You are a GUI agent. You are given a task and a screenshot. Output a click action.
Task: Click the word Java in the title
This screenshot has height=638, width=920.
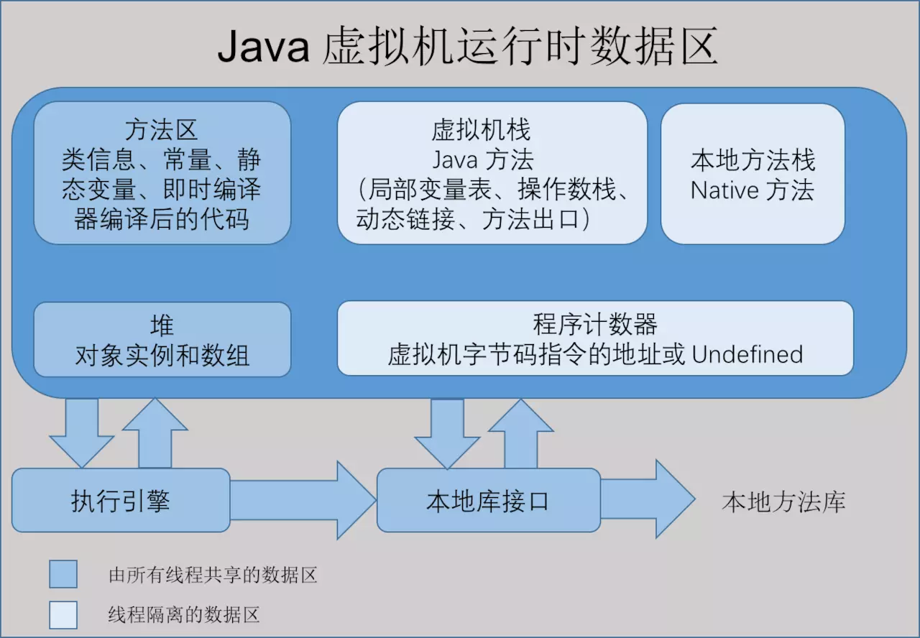point(263,48)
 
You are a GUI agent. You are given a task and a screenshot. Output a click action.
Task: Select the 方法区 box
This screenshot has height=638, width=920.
point(162,172)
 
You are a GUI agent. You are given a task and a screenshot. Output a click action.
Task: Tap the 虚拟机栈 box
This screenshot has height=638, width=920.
point(492,172)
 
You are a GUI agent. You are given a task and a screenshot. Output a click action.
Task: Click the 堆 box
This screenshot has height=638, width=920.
point(162,340)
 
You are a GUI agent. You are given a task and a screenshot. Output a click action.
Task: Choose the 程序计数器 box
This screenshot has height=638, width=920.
point(595,338)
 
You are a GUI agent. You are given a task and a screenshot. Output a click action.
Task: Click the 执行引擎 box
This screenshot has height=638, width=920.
point(121,500)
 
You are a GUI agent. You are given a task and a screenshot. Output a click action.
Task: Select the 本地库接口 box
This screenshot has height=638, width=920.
point(488,500)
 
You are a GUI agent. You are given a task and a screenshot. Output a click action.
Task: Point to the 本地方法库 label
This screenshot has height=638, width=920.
point(783,501)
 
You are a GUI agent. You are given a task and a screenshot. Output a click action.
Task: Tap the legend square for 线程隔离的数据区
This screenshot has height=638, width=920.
point(63,614)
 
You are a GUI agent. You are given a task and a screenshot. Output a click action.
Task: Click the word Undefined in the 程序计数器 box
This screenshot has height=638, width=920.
point(747,354)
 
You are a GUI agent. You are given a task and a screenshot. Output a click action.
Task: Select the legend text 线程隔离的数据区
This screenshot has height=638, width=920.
point(183,614)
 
